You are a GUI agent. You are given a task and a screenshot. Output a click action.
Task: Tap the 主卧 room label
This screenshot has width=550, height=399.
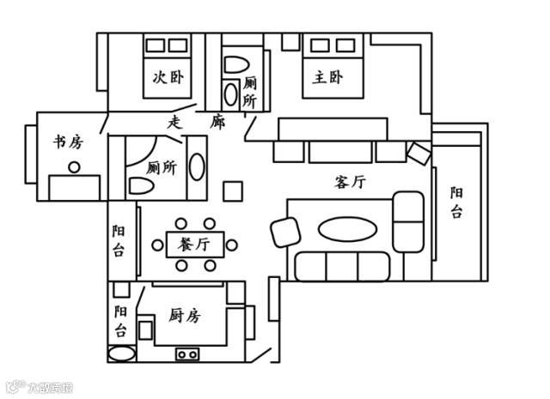(x=327, y=78)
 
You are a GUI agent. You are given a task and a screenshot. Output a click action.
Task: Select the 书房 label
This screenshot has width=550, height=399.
(x=67, y=142)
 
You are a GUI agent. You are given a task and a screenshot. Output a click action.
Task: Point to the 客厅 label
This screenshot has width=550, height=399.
(x=350, y=182)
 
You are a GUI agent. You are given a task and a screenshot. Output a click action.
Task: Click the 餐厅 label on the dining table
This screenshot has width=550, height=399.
(x=194, y=244)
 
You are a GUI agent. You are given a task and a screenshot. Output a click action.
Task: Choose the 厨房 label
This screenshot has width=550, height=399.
(x=185, y=316)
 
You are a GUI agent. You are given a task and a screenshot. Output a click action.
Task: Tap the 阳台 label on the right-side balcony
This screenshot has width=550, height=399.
(x=456, y=203)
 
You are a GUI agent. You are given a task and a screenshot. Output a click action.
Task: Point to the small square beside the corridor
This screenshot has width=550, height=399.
(x=232, y=190)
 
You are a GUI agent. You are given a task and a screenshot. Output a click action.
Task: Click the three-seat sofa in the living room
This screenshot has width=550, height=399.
(x=341, y=267)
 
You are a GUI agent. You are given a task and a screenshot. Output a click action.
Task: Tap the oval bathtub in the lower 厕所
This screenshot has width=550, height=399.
(x=197, y=166)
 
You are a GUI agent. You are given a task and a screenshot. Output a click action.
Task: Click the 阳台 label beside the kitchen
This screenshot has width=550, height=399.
(x=121, y=319)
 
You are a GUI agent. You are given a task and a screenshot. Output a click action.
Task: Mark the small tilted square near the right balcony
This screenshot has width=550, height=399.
(x=419, y=154)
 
